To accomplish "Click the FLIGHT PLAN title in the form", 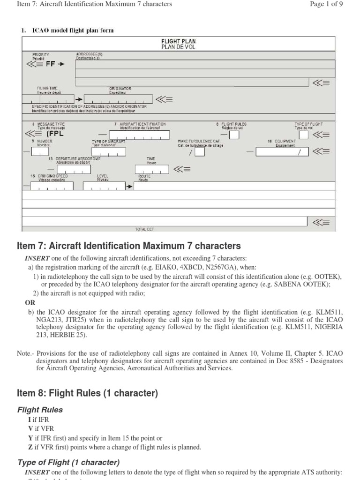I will pyautogui.click(x=178, y=41).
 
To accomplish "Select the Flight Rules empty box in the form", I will pyautogui.click(x=233, y=135).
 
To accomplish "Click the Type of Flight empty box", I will pyautogui.click(x=304, y=135).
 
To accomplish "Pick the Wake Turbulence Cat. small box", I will pyautogui.click(x=199, y=152).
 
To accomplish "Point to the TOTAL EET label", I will pyautogui.click(x=144, y=230).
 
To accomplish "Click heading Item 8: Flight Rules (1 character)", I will pyautogui.click(x=87, y=393).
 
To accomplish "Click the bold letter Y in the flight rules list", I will pyautogui.click(x=31, y=438).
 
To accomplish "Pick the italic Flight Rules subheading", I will pyautogui.click(x=40, y=410).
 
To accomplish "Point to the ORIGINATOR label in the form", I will pyautogui.click(x=120, y=88).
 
